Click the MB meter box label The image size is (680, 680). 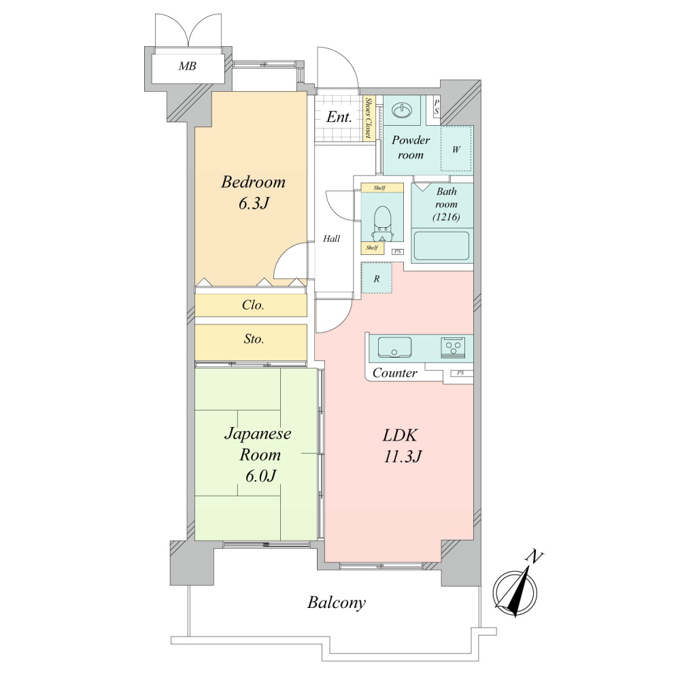pyautogui.click(x=188, y=66)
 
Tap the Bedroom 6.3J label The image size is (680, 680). pyautogui.click(x=253, y=192)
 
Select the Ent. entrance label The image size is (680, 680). pyautogui.click(x=339, y=117)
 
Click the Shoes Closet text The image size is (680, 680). pyautogui.click(x=368, y=118)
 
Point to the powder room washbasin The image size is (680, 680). pyautogui.click(x=402, y=110)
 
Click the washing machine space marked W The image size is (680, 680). pyautogui.click(x=456, y=148)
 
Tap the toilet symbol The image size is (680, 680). pyautogui.click(x=381, y=223)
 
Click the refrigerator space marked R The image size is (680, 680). pyautogui.click(x=377, y=278)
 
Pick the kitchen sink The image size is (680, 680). pyautogui.click(x=394, y=347)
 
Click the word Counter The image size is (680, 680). pyautogui.click(x=394, y=373)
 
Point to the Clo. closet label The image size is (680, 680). pyautogui.click(x=253, y=305)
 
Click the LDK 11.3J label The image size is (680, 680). pyautogui.click(x=402, y=445)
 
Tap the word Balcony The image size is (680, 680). pyautogui.click(x=337, y=602)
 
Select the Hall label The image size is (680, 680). pyautogui.click(x=331, y=238)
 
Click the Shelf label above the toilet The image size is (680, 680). pyautogui.click(x=379, y=188)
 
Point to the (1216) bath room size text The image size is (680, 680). pyautogui.click(x=446, y=217)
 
